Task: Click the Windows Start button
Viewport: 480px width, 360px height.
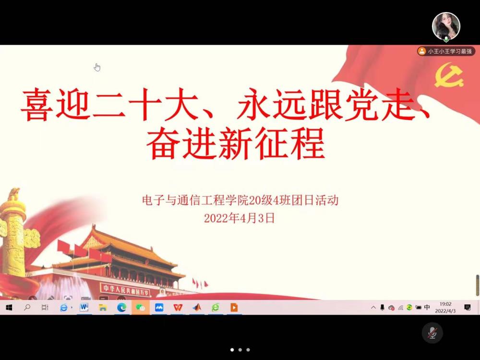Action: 9,307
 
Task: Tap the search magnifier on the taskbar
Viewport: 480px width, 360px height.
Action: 27,307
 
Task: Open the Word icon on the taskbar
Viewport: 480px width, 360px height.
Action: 84,307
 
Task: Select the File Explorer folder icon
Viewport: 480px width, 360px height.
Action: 103,307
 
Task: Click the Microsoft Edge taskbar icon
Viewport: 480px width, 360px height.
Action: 121,307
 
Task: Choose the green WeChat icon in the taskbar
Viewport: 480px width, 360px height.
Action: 141,307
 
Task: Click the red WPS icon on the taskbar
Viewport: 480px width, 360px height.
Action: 178,307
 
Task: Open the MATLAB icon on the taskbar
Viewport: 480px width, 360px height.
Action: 197,307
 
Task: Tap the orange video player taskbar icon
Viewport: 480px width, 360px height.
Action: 234,307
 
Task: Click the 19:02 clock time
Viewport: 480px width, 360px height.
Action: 445,304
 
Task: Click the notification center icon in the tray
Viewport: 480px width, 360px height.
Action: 468,307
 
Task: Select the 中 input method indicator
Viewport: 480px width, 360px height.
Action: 427,307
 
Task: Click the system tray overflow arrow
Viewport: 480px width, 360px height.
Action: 373,307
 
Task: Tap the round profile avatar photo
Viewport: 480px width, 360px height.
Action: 446,26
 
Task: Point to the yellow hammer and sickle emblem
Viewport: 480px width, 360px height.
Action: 448,75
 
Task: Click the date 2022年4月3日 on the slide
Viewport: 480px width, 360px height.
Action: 240,218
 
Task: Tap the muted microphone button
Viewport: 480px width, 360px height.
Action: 432,333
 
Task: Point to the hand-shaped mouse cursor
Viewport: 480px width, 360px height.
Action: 97,67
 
